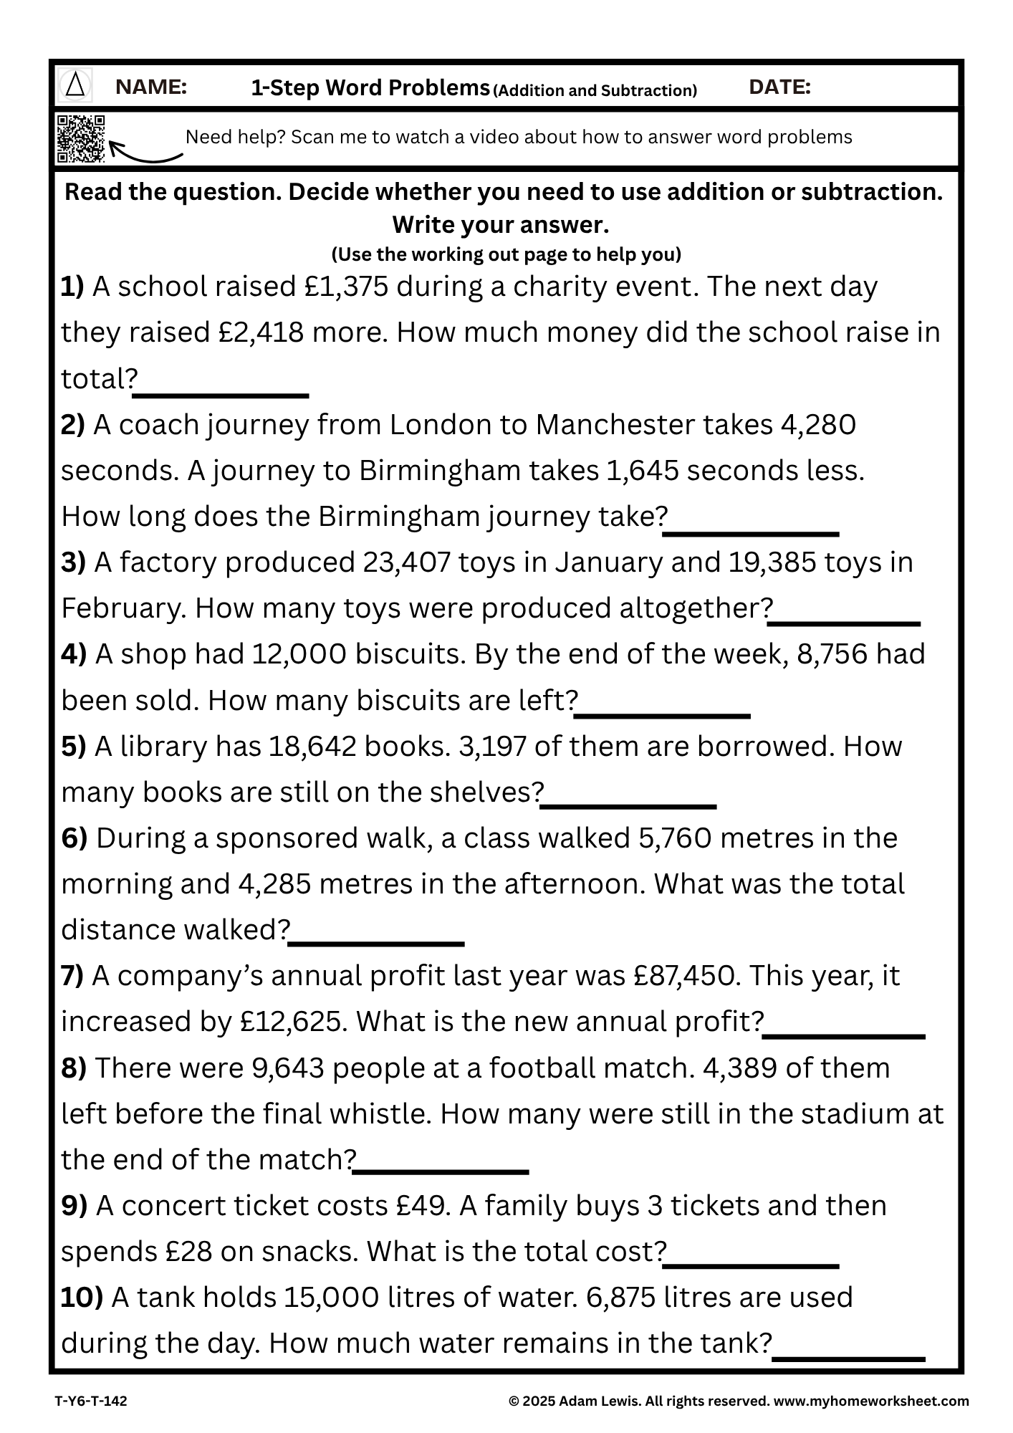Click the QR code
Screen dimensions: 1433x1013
tap(80, 138)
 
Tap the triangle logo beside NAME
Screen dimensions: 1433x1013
tap(75, 87)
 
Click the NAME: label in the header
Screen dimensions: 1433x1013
tap(151, 87)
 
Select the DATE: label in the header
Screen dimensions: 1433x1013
tap(779, 87)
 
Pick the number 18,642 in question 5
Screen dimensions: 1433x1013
tap(312, 747)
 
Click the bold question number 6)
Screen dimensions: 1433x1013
tap(74, 838)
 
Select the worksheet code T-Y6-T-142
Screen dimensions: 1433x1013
tap(91, 1401)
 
